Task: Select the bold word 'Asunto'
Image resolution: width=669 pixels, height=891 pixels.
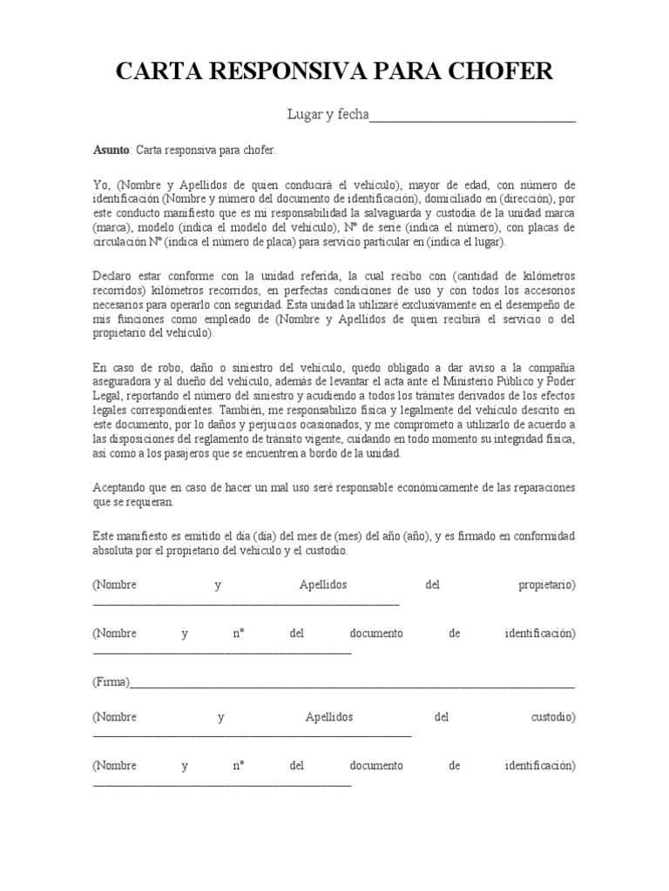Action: click(111, 151)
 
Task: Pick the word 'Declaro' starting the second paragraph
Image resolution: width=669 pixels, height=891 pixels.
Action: click(113, 276)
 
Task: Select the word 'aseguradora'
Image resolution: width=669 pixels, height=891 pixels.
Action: click(123, 382)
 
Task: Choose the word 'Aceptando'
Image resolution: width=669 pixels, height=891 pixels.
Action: click(120, 487)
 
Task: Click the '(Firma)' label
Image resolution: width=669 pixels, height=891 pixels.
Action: click(111, 682)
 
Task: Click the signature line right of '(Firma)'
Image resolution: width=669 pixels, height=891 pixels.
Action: click(352, 686)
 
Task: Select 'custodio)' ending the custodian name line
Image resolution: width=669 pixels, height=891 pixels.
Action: click(553, 718)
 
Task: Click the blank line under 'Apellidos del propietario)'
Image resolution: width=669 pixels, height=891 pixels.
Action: click(246, 602)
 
